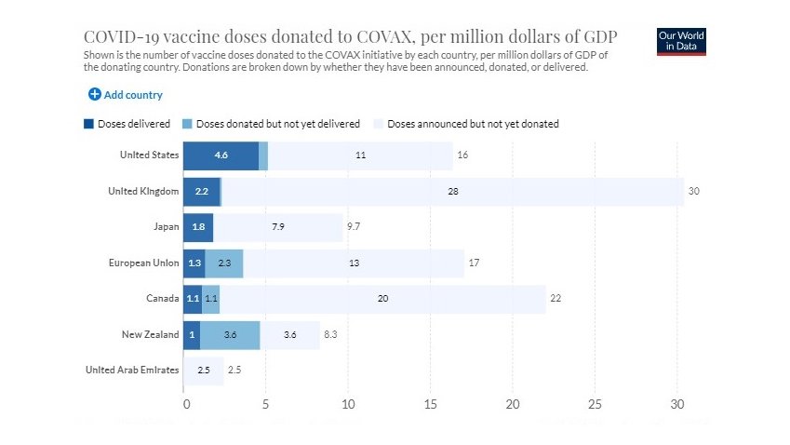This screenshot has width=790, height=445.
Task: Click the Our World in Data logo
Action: pos(680,42)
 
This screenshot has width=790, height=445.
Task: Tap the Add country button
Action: pos(126,94)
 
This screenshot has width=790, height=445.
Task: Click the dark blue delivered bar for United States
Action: pos(221,155)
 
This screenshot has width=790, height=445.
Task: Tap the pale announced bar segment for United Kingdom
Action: pos(452,192)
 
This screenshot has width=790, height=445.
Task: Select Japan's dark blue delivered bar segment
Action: pos(198,227)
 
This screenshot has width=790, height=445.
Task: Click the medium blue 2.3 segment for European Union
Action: pos(224,263)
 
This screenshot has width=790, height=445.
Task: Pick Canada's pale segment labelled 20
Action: pos(382,299)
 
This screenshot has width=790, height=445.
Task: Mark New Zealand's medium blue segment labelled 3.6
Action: pos(230,334)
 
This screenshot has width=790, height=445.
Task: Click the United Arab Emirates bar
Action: pos(203,371)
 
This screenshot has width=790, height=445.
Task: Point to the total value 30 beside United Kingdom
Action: pos(693,192)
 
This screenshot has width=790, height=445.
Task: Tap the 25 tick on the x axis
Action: pos(595,405)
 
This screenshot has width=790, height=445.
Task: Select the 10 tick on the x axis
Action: pos(348,405)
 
